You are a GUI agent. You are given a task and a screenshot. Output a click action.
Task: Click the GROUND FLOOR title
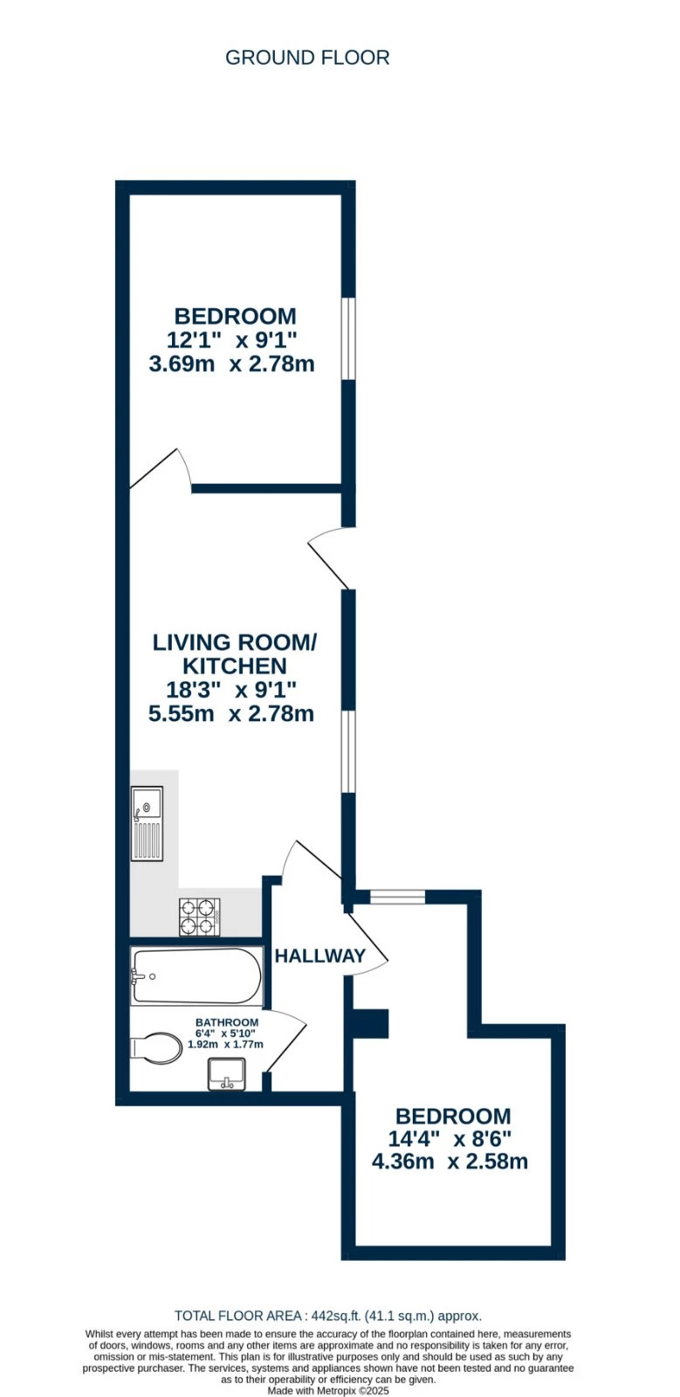pyautogui.click(x=307, y=58)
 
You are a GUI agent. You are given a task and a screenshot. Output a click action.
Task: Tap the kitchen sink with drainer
pyautogui.click(x=147, y=823)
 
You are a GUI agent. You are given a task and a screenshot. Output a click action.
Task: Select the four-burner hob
pyautogui.click(x=199, y=917)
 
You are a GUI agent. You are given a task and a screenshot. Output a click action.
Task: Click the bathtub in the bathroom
pyautogui.click(x=196, y=976)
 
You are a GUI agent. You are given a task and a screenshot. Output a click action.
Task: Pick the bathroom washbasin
pyautogui.click(x=227, y=1073)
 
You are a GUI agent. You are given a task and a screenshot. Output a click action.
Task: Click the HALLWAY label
pyautogui.click(x=319, y=956)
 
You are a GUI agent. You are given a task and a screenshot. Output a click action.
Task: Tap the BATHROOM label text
pyautogui.click(x=227, y=1022)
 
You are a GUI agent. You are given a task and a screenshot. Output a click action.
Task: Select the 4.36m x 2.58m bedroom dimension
pyautogui.click(x=450, y=1161)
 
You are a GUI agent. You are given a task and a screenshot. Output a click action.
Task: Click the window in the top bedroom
pyautogui.click(x=348, y=339)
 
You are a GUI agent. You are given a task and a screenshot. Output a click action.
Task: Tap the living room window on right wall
pyautogui.click(x=348, y=751)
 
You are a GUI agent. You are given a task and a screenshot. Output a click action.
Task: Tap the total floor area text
pyautogui.click(x=328, y=1316)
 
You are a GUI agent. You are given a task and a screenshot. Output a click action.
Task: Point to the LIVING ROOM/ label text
pyautogui.click(x=234, y=643)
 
